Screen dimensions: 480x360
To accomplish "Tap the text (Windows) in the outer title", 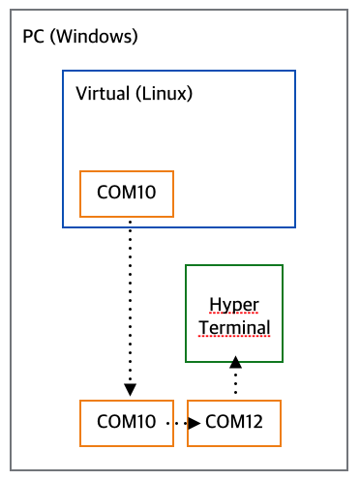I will click(94, 38).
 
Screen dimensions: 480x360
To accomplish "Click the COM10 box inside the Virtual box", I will click(127, 193).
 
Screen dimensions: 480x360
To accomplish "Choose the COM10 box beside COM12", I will click(127, 422).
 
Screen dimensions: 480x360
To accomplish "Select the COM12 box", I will click(234, 422).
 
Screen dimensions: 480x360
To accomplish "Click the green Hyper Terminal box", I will click(233, 313).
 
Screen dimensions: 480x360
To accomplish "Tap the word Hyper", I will click(233, 303).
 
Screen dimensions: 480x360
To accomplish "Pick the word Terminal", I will click(234, 327).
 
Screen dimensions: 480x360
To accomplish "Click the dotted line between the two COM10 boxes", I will click(130, 300).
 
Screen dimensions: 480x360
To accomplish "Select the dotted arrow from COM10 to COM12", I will click(181, 423).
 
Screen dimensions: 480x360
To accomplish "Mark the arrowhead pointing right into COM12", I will click(195, 423).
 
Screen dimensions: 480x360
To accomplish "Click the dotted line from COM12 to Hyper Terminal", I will click(233, 382).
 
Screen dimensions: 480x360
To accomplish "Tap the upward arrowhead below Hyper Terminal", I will click(233, 364).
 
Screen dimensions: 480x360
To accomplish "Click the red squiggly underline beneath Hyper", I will click(233, 313).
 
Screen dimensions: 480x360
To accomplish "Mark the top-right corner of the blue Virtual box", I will click(294, 71).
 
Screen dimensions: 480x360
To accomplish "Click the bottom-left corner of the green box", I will click(186, 361).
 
